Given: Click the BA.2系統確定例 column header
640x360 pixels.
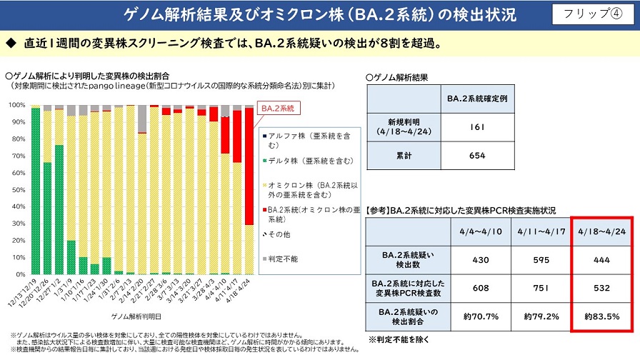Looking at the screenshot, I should (x=478, y=98).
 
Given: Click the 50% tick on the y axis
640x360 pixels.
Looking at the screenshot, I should (x=17, y=189).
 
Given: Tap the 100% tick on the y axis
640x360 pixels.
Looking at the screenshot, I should (x=16, y=104).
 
